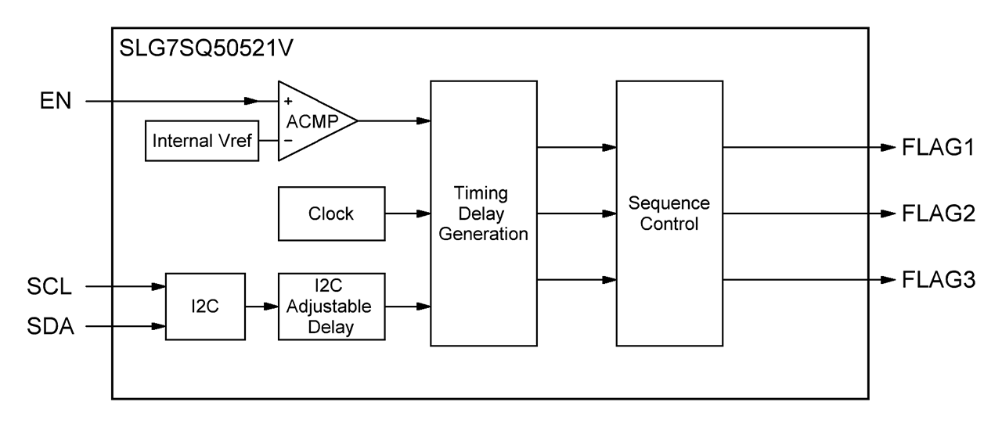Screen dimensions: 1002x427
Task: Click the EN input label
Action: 56,101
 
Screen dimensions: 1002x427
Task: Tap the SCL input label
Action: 49,286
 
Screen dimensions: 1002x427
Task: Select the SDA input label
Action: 50,326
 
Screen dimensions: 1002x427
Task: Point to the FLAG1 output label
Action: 938,147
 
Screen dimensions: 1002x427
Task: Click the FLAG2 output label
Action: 939,213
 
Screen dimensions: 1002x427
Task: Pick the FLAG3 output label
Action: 939,280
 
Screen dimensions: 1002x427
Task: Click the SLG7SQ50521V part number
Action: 206,48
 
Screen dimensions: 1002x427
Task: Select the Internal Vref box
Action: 202,141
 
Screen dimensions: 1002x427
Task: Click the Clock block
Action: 331,213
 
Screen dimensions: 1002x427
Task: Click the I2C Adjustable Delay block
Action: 331,307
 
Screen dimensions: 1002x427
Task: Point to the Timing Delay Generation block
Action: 484,213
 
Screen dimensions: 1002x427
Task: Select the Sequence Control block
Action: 669,213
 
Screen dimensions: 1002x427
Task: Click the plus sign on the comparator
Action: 288,102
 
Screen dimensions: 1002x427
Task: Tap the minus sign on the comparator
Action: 288,141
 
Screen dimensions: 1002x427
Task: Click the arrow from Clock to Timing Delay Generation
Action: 408,213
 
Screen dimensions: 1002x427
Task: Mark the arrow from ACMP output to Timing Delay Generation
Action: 394,120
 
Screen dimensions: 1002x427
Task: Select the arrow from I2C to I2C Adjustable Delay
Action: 261,307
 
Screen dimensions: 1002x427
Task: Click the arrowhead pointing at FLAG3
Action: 888,280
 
